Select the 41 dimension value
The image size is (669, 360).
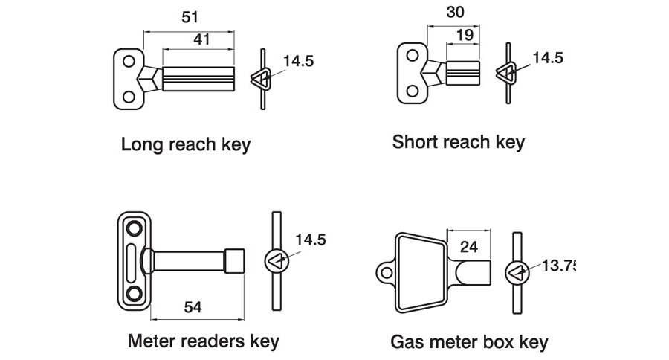[201, 41]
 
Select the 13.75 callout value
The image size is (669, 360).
[559, 266]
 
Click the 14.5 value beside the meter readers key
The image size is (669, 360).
[310, 240]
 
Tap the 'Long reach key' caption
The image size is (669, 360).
[185, 144]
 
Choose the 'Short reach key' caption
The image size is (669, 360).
[458, 141]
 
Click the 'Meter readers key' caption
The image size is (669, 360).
[203, 341]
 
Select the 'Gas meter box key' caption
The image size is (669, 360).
[469, 342]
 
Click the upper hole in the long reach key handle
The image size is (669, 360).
[129, 61]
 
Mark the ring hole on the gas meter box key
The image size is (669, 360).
[386, 273]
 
